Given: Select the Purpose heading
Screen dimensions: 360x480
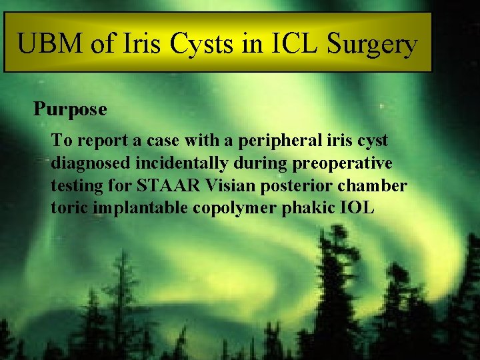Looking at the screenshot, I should pos(70,109).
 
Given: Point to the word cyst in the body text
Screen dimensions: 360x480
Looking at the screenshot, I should pos(372,141).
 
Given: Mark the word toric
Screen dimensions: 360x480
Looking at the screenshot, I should pos(70,208).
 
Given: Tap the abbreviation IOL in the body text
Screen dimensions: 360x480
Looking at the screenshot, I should pos(359,208).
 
